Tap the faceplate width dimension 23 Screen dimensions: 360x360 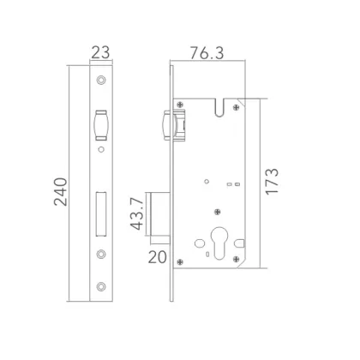click(101, 54)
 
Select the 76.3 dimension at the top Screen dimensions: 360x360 click(208, 52)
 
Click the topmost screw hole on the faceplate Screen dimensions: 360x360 click(101, 81)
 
